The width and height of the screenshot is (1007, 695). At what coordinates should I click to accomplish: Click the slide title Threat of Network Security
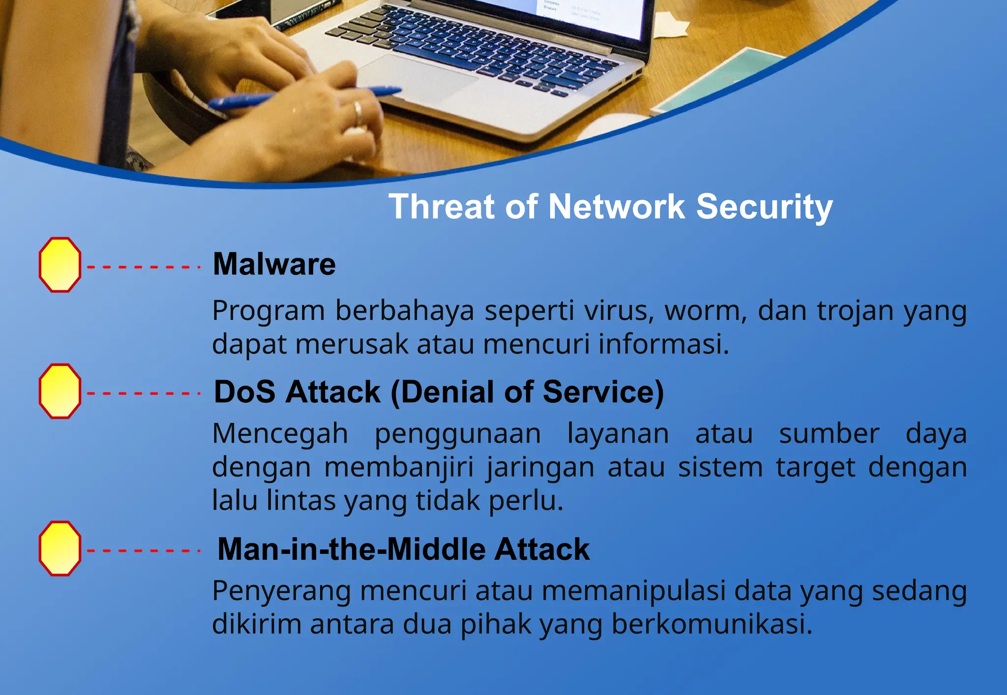[x=610, y=207]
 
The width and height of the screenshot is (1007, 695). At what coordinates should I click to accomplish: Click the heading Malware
[x=274, y=265]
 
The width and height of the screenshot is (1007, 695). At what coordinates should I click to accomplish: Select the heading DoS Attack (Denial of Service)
[x=439, y=393]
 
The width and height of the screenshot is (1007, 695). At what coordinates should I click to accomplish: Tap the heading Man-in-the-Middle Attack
[x=403, y=549]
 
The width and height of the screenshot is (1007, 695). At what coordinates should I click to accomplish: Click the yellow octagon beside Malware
[x=60, y=265]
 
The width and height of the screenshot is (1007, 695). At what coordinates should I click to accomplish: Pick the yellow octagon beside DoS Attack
[x=60, y=392]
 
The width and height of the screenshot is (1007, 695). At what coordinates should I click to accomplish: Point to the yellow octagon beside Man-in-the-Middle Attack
[x=60, y=548]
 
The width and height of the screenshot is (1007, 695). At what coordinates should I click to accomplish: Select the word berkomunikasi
[x=711, y=625]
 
